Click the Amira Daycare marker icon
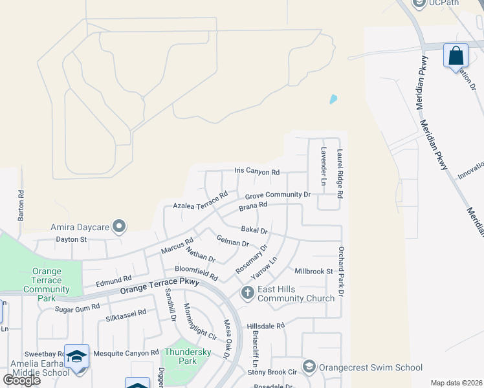[x=118, y=226]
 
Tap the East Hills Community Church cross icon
[x=247, y=294]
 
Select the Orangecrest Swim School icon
[x=309, y=367]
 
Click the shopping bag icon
[x=456, y=56]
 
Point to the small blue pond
[x=333, y=100]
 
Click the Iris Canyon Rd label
[x=256, y=173]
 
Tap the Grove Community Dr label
[x=278, y=195]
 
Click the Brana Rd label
[x=252, y=207]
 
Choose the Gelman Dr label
[x=232, y=241]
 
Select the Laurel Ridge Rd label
[x=340, y=173]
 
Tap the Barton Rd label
[x=21, y=206]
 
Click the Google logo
[x=21, y=380]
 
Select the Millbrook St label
[x=313, y=271]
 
